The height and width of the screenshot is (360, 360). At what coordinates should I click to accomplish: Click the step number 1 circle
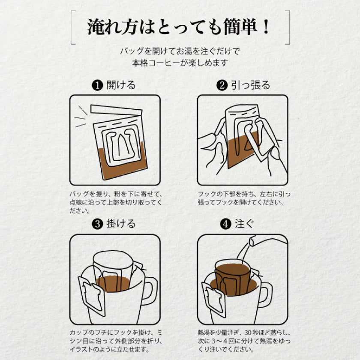(x=97, y=85)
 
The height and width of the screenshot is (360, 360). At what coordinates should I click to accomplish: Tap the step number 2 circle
(x=222, y=85)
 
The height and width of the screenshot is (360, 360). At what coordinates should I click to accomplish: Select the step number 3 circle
(x=97, y=224)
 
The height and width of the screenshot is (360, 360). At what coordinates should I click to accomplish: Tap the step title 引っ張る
(x=251, y=85)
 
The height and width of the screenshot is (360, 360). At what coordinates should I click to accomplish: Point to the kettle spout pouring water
(x=253, y=243)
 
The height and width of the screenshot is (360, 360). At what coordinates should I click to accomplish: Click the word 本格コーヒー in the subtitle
(x=158, y=63)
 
